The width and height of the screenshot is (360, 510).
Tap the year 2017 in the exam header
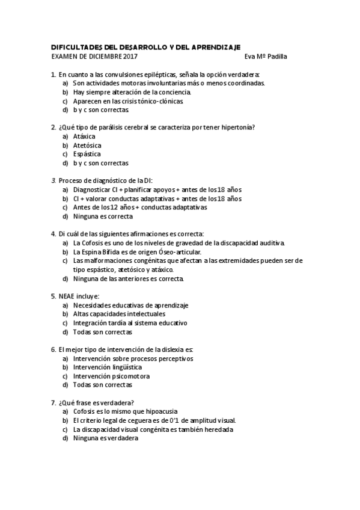[130, 57]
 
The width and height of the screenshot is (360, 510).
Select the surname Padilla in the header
[276, 57]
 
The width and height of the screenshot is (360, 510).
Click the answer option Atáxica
[84, 137]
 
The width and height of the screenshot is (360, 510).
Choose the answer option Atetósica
[87, 145]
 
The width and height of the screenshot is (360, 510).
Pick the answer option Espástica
[87, 154]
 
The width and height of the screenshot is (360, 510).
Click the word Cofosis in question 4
[94, 242]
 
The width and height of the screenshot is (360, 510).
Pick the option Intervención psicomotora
[111, 376]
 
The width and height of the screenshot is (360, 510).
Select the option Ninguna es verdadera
[105, 438]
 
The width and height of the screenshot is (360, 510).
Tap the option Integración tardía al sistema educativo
[130, 323]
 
